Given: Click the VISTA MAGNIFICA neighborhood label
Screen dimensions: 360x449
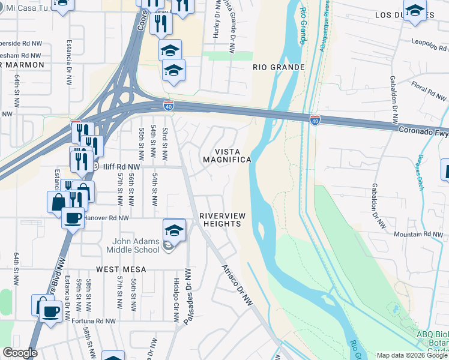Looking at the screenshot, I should coord(226,155).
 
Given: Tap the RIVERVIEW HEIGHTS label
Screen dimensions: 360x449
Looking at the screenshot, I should coord(220,219).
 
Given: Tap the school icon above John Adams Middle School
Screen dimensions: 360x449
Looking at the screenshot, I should coord(174,229).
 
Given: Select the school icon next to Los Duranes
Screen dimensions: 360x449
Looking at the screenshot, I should coord(414,10).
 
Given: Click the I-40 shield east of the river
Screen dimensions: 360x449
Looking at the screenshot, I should coord(315,119).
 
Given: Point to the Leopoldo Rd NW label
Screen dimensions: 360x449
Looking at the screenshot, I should coord(429,43).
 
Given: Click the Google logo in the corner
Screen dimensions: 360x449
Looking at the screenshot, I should coord(20,353).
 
